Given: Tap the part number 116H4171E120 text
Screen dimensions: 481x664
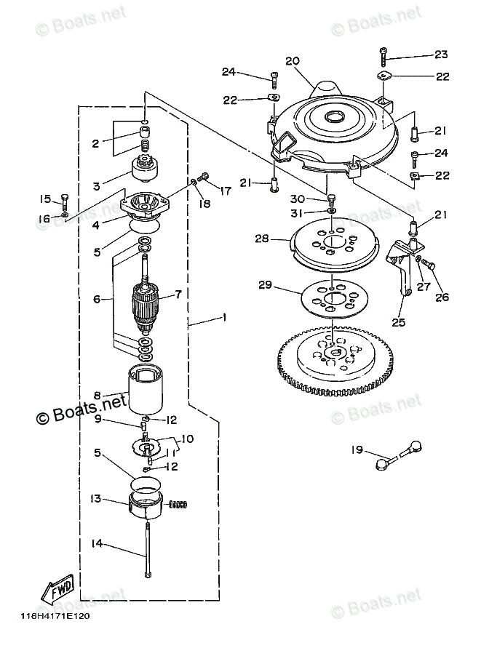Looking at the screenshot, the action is [55, 616].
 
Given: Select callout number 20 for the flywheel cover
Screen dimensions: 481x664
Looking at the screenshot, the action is [293, 61].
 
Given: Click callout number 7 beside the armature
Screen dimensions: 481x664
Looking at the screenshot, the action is [178, 294].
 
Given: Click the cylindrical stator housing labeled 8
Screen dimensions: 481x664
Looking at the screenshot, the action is [146, 390].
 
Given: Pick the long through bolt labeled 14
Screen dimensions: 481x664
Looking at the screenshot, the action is [148, 550].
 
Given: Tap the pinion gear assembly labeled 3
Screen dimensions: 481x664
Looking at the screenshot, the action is [143, 168].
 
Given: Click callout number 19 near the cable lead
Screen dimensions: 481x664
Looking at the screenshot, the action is [357, 449].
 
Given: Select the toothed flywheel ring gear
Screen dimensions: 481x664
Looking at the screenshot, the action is [335, 359].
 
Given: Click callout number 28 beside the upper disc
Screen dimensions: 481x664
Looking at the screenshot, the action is [262, 239].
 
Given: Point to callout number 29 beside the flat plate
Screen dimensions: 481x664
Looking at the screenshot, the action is [266, 285].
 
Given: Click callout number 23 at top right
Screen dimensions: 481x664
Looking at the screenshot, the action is [441, 55].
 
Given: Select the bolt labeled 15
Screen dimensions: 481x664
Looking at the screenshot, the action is [65, 202].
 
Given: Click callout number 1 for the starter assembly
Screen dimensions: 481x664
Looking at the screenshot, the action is [223, 317].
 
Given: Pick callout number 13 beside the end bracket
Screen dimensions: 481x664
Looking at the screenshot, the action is [96, 498].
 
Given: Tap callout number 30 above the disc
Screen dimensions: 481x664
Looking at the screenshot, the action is [297, 199].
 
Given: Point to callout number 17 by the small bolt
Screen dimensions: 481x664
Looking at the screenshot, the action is [226, 191].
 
